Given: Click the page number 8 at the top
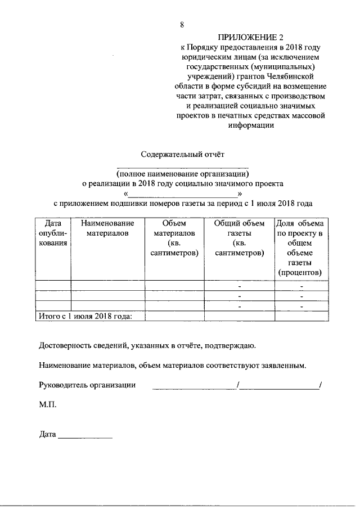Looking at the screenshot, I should [x=182, y=25].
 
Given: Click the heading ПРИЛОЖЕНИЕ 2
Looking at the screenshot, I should [x=250, y=38].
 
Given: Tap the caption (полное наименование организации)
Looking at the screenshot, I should [x=183, y=173].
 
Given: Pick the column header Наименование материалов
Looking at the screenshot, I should [x=107, y=228].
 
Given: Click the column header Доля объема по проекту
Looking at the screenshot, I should [x=300, y=247].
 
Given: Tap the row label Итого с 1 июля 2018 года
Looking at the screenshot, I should [x=84, y=316].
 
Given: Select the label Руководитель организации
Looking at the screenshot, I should [x=88, y=385].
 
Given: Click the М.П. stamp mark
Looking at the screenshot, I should [x=48, y=404].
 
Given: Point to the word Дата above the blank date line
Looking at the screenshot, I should [x=48, y=434].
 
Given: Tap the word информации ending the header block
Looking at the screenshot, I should [x=251, y=125].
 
